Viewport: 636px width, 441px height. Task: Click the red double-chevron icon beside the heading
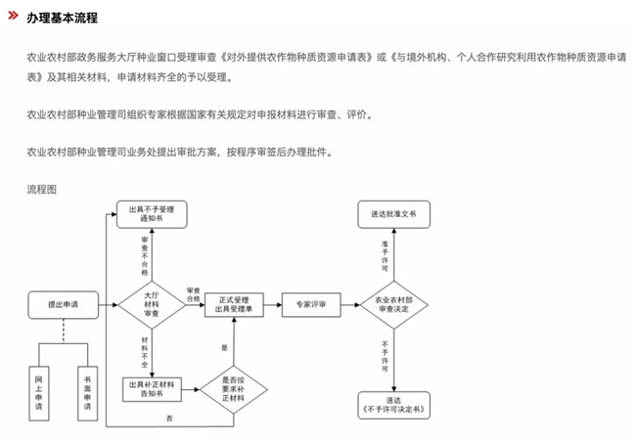click(x=12, y=18)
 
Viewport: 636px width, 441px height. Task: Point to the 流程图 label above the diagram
click(x=42, y=187)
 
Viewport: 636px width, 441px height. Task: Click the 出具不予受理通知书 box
click(x=152, y=215)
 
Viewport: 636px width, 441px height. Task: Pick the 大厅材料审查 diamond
click(x=151, y=305)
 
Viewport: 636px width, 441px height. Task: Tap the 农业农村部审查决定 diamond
click(x=392, y=305)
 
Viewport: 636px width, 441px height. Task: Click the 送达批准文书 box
click(x=392, y=213)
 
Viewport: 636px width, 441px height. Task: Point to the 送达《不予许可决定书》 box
click(x=392, y=405)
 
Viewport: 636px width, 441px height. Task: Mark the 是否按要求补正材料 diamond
click(x=235, y=389)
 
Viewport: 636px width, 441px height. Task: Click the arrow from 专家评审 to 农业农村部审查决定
click(x=348, y=305)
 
